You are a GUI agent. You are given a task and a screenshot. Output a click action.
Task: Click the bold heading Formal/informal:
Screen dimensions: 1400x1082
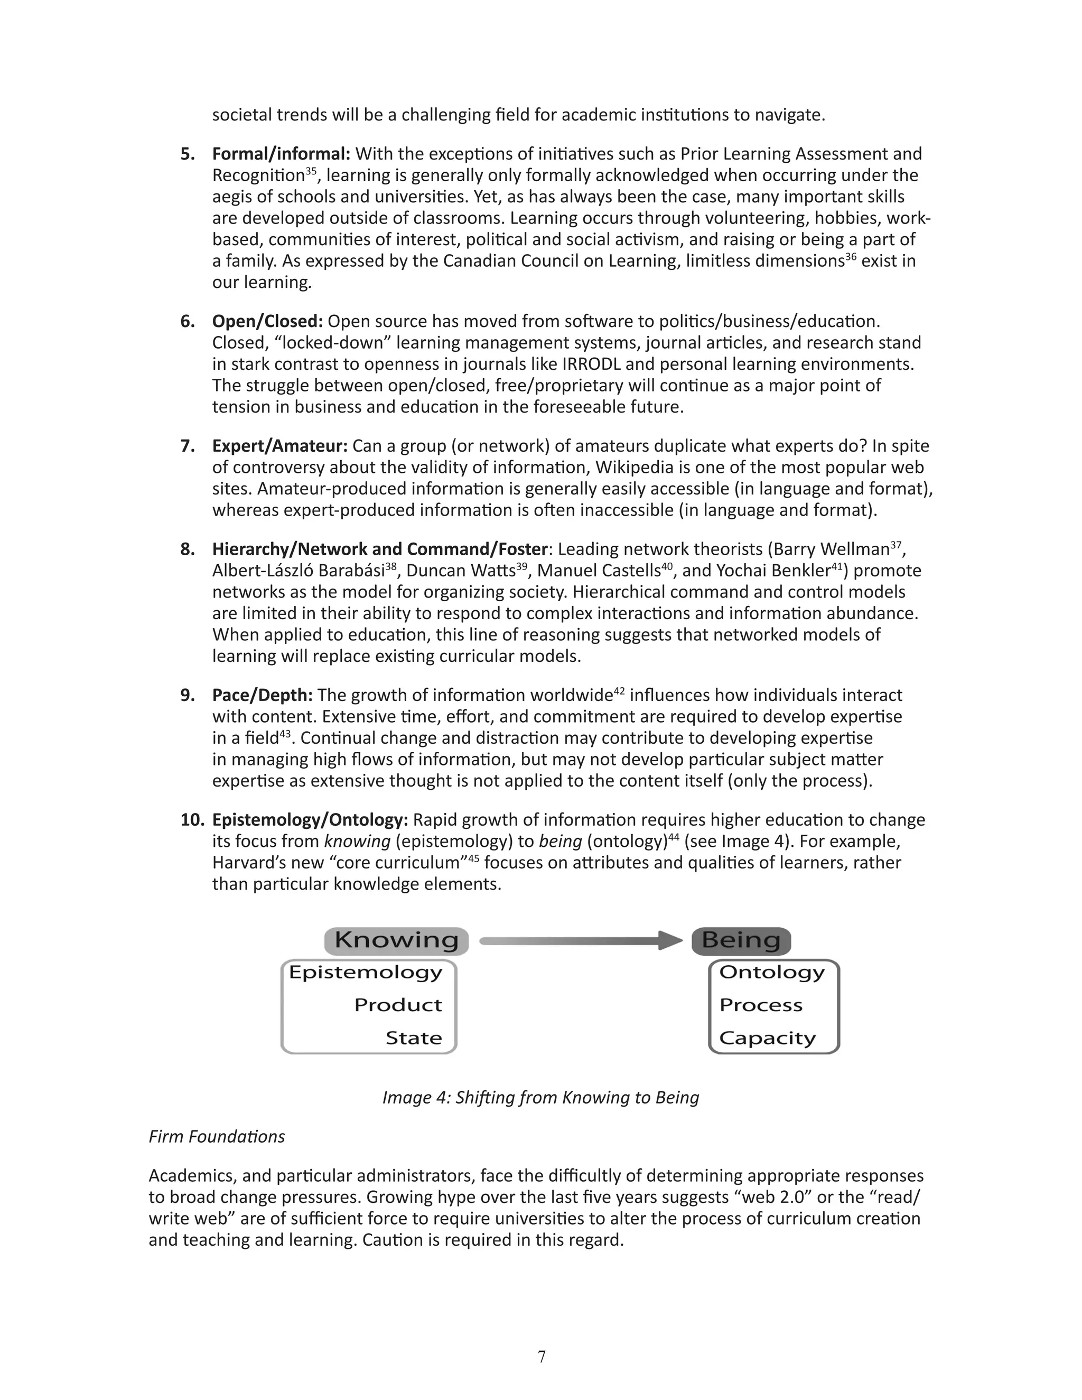click(281, 154)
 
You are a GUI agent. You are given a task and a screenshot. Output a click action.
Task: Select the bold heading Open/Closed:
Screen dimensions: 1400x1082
click(267, 321)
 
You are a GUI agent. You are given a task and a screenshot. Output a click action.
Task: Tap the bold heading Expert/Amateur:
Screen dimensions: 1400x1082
click(279, 446)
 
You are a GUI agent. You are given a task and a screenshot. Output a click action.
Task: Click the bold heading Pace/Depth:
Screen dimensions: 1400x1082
click(262, 696)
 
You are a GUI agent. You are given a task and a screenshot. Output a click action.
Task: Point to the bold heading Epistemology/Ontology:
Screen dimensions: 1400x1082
click(310, 820)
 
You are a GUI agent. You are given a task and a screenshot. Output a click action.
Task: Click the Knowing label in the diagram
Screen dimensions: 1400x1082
click(396, 940)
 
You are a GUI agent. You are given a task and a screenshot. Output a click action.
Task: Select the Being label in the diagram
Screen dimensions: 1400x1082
click(741, 940)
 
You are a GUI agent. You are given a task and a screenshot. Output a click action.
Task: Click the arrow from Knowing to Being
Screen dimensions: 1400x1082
click(580, 941)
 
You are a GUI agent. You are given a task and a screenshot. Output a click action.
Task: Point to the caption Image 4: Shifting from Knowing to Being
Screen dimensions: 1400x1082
click(540, 1097)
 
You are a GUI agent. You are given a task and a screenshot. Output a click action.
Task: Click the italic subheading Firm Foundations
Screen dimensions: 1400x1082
click(217, 1136)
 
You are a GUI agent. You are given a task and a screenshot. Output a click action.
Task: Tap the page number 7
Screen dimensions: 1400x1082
click(542, 1357)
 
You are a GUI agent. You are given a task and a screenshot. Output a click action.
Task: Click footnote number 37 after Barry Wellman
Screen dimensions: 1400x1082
click(896, 545)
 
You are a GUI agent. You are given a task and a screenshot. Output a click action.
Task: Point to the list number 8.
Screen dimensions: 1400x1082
click(187, 549)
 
